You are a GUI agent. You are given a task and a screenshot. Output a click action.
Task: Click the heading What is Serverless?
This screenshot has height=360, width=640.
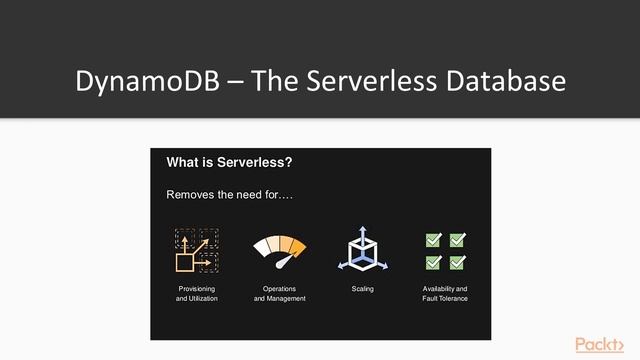point(229,163)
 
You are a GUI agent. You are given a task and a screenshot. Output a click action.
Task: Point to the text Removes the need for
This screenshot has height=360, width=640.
point(221,193)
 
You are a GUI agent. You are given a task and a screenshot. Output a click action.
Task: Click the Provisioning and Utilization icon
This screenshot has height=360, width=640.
point(197,250)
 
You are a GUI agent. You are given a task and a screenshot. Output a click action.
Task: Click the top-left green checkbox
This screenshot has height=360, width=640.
point(434,240)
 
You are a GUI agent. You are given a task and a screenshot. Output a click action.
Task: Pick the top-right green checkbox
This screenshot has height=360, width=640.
point(458,240)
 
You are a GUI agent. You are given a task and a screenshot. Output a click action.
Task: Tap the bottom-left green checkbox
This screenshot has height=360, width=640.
point(434,262)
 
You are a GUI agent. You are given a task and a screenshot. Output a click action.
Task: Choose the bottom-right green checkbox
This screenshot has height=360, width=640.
point(458,262)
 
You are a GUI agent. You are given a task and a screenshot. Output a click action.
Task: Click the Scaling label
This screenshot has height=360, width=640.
point(363,288)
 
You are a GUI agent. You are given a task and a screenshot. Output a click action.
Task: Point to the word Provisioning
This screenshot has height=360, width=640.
point(197,288)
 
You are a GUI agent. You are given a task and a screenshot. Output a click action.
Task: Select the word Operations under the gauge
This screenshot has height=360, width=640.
point(280,288)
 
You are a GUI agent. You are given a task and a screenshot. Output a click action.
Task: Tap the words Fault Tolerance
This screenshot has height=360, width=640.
point(445,298)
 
